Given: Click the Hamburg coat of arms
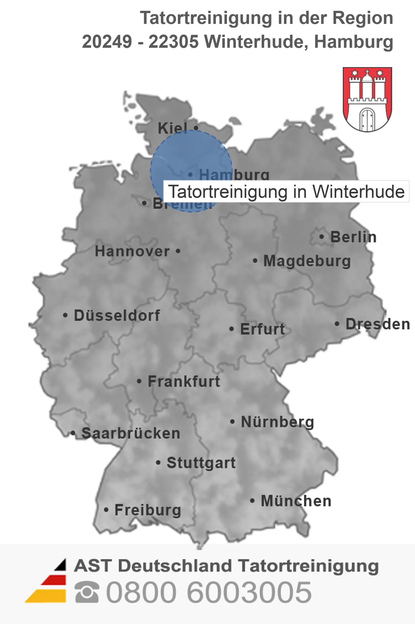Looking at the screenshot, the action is point(367,99).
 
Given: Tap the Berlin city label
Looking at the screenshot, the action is point(353,237).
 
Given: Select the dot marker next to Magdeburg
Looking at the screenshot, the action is point(255,261).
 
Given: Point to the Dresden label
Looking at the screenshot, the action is point(378,324).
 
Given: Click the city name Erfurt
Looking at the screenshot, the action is point(262,329).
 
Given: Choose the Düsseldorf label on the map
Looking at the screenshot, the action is point(117,315).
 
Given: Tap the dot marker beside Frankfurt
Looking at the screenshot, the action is point(139,381).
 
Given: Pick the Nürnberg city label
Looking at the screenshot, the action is point(277,422).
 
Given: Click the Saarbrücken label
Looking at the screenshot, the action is point(131,433).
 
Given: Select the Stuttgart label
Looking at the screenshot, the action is point(201,463).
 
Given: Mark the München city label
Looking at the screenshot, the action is point(296,501).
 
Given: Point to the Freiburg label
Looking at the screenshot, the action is point(148,510).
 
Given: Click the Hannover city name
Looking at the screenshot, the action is point(132,251).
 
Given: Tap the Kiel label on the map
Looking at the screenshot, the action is point(173,128).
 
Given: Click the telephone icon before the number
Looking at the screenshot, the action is point(87,592).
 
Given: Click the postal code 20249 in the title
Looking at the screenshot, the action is point(107,42).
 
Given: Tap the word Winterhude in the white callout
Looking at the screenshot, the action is point(358,191).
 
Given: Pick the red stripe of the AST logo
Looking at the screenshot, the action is point(54,580).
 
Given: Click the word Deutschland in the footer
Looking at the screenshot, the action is point(175,566).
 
